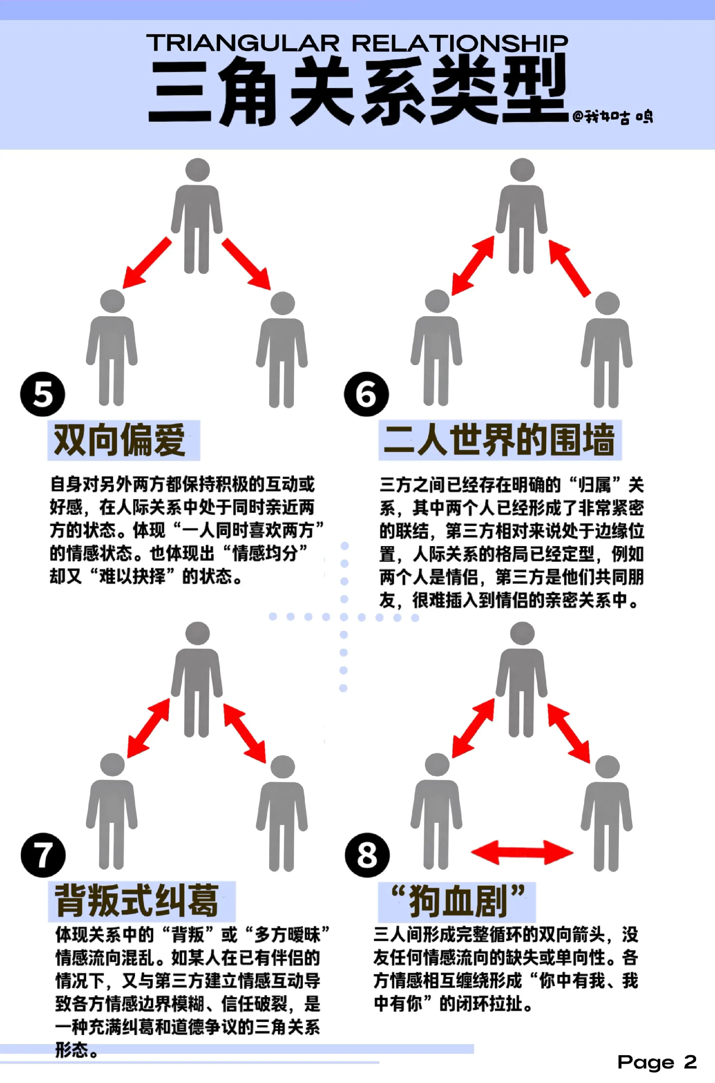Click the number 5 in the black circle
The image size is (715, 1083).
point(42,394)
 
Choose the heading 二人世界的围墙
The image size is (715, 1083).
point(500,440)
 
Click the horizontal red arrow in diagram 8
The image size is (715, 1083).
point(522,852)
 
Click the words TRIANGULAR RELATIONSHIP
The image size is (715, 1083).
point(357,43)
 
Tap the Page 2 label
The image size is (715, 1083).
point(657,1062)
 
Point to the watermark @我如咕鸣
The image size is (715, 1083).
point(613,117)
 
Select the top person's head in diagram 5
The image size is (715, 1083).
point(197,170)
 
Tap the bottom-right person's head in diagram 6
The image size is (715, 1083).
point(607,303)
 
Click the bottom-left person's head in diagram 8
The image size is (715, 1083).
point(437,765)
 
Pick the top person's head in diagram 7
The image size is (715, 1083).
point(197,634)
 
